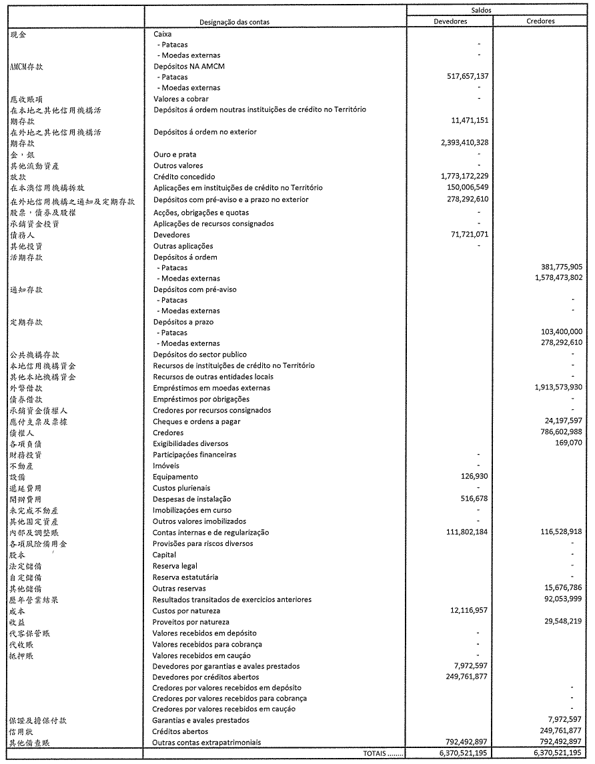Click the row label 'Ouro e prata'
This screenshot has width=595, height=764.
pyautogui.click(x=174, y=154)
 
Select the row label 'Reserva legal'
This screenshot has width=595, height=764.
pyautogui.click(x=176, y=566)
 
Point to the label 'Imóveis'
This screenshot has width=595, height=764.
pyautogui.click(x=166, y=466)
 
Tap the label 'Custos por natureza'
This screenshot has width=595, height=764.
pyautogui.click(x=186, y=611)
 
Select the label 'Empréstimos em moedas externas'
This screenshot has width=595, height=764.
pyautogui.click(x=211, y=388)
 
